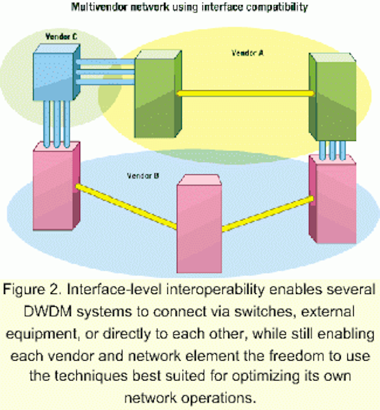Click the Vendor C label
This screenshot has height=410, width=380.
(x=62, y=37)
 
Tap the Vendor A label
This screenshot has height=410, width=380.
(x=247, y=53)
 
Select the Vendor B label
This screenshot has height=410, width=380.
(x=143, y=176)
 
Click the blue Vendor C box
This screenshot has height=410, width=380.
(x=56, y=72)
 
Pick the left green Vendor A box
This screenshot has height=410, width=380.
(x=158, y=94)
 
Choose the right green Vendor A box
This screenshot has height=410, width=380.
(x=333, y=97)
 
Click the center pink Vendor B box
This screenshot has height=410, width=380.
(x=199, y=224)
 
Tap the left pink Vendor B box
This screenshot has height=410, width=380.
(x=56, y=186)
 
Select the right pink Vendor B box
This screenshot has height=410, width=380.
(x=333, y=199)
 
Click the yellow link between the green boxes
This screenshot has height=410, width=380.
(x=245, y=94)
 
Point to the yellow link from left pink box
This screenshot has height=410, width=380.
(x=126, y=206)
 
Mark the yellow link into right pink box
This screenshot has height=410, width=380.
(x=268, y=214)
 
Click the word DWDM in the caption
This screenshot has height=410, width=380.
(x=48, y=312)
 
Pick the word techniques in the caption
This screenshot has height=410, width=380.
(x=91, y=377)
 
